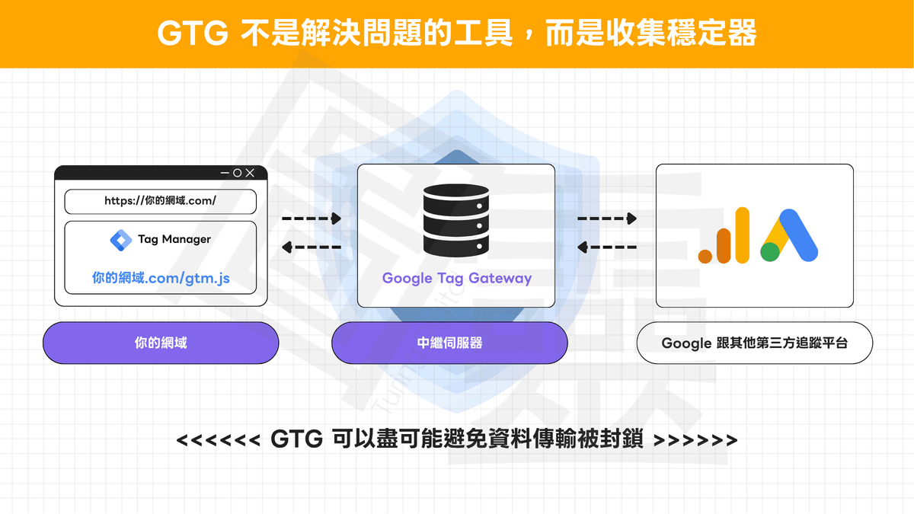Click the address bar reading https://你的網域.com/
(x=161, y=201)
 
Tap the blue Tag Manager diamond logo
(x=121, y=239)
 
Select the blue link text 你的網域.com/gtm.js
(x=161, y=279)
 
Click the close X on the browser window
(x=251, y=173)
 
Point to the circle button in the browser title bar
(x=237, y=173)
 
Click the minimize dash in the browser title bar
(x=224, y=173)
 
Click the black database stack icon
(x=455, y=219)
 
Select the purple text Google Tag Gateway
(x=457, y=278)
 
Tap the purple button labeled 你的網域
(x=161, y=343)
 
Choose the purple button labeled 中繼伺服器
(x=449, y=343)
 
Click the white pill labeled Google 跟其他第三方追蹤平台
(x=754, y=343)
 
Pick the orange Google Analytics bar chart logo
(x=724, y=236)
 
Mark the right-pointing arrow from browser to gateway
(x=312, y=219)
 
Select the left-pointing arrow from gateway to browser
(x=312, y=247)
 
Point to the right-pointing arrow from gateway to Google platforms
(x=606, y=219)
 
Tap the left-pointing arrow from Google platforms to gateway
(x=606, y=247)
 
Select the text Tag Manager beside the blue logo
(x=174, y=239)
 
